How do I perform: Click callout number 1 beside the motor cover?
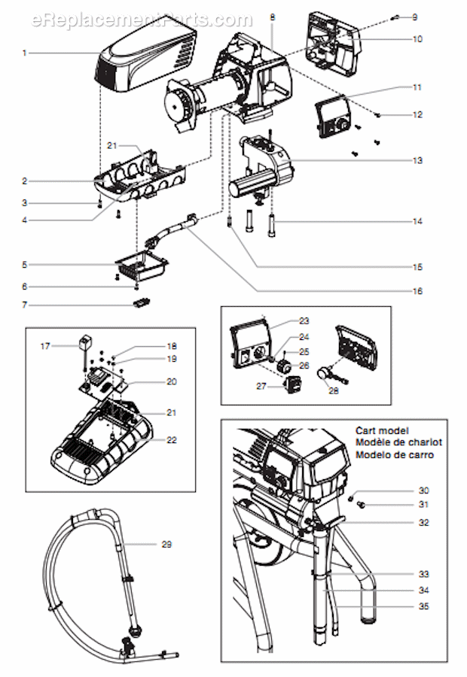25,53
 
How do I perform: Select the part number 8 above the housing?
272,16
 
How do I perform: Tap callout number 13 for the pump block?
438,160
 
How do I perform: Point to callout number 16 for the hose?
438,291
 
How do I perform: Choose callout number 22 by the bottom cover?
172,440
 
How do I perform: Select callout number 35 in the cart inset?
424,606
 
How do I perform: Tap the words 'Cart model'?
382,431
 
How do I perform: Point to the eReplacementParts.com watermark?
142,20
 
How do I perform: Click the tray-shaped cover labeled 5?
141,265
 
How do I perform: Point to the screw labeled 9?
394,17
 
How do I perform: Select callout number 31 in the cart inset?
423,504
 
